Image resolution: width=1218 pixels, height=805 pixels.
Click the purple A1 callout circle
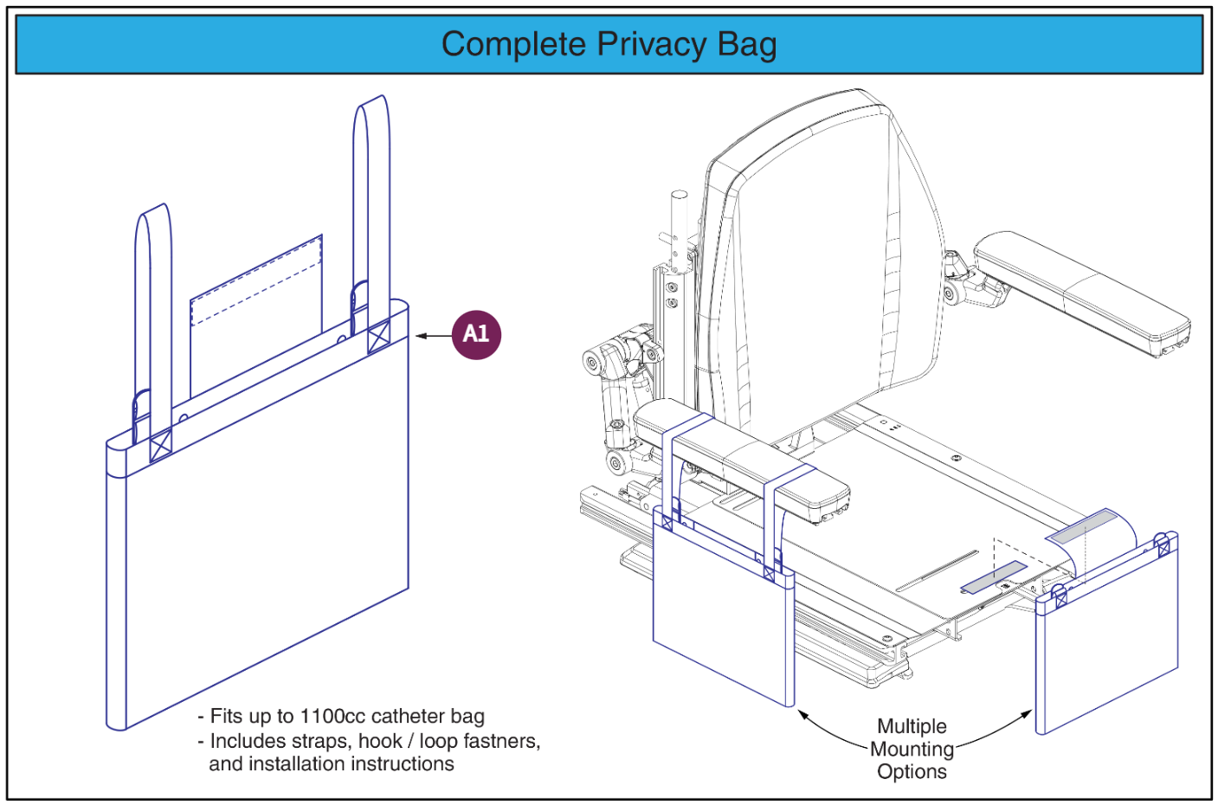(476, 334)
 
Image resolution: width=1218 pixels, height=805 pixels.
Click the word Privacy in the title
(651, 44)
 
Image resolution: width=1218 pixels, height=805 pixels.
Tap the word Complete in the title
(513, 44)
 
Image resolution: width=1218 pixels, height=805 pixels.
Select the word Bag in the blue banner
(746, 44)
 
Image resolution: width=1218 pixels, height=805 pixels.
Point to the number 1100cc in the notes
(332, 717)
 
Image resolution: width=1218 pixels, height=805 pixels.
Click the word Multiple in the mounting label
(912, 726)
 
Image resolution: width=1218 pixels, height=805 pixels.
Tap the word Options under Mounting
(912, 771)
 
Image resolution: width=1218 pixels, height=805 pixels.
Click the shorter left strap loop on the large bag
(153, 303)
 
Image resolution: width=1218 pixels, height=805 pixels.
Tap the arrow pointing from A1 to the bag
(433, 336)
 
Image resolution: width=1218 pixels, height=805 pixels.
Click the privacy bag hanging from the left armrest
(723, 623)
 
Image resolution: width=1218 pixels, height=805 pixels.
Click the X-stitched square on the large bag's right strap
(378, 337)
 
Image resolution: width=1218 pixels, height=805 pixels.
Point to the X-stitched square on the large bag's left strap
(161, 446)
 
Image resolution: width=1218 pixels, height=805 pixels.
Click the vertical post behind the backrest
(678, 234)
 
